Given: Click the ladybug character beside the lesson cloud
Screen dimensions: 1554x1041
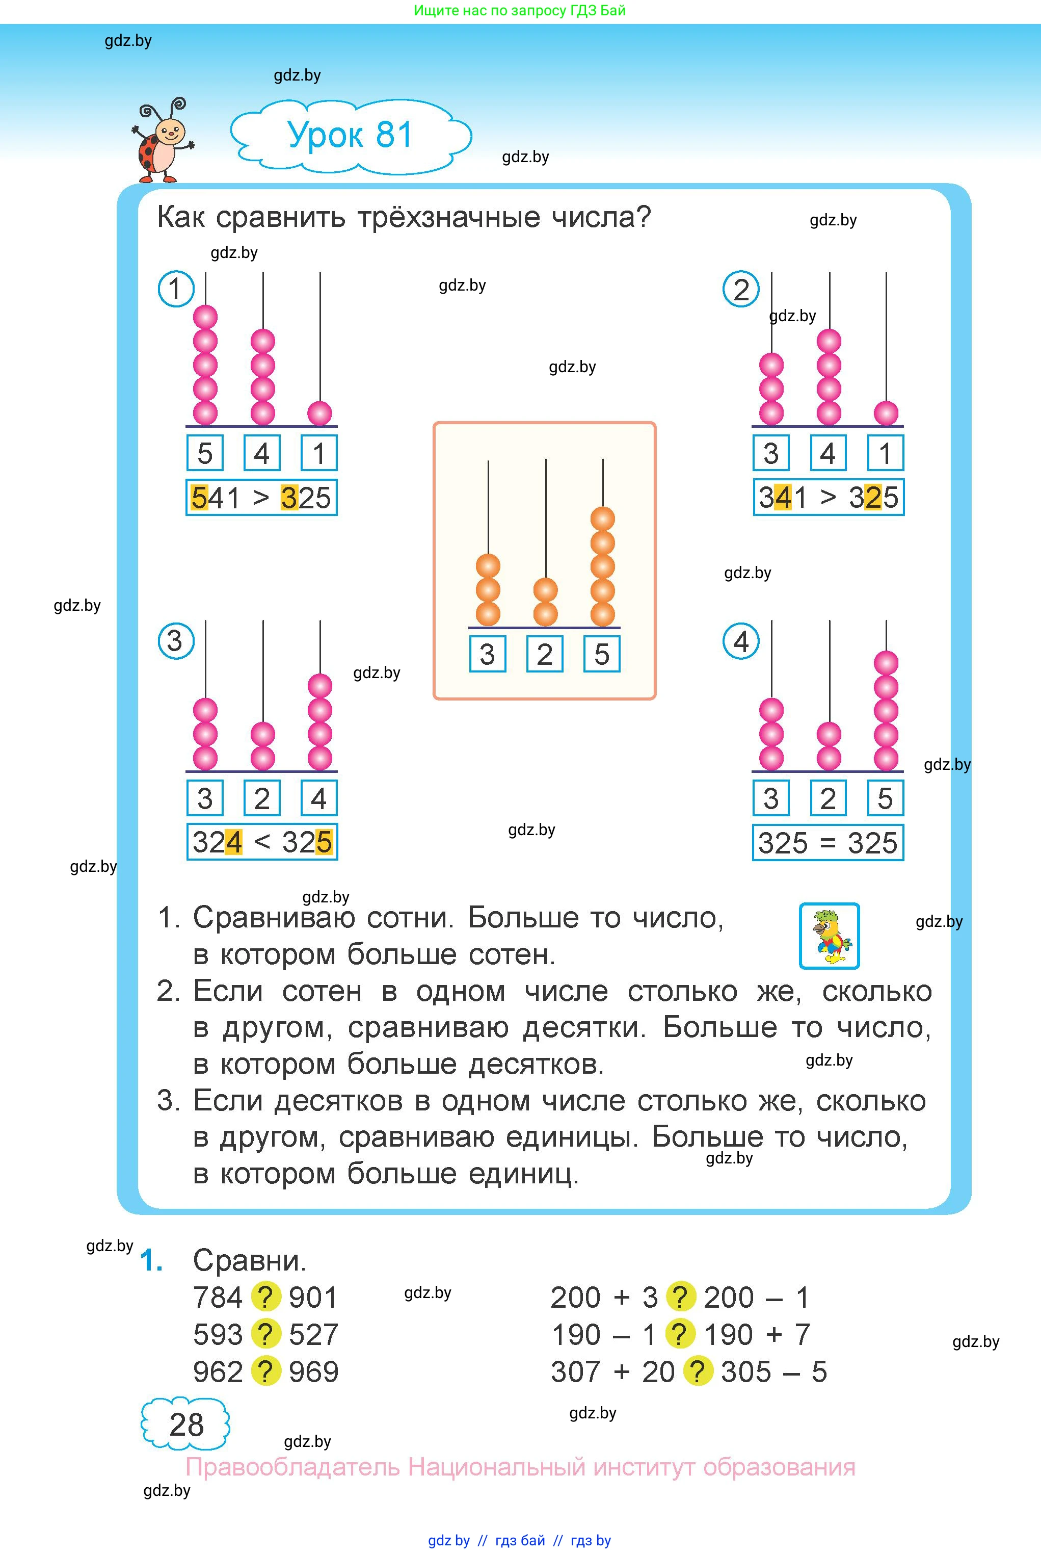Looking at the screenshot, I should click(162, 141).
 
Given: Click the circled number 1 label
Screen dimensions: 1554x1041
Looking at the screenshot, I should click(175, 289).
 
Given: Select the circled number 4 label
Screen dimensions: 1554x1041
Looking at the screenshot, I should click(741, 641).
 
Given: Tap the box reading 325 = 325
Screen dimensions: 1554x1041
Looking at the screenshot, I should click(828, 843).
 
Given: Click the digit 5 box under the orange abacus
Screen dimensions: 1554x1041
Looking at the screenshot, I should click(601, 654).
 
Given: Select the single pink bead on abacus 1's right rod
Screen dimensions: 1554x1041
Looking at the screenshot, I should click(320, 413).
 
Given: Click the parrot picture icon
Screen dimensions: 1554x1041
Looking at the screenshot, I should click(829, 936).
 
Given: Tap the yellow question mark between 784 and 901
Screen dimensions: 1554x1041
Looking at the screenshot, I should click(265, 1297).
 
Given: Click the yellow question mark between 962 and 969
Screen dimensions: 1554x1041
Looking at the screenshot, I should click(265, 1371).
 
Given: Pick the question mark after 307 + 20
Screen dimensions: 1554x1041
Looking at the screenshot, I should click(698, 1371).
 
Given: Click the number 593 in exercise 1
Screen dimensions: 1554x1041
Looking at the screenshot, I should click(218, 1334).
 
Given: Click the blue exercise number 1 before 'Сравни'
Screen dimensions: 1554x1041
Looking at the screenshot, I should click(151, 1260).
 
